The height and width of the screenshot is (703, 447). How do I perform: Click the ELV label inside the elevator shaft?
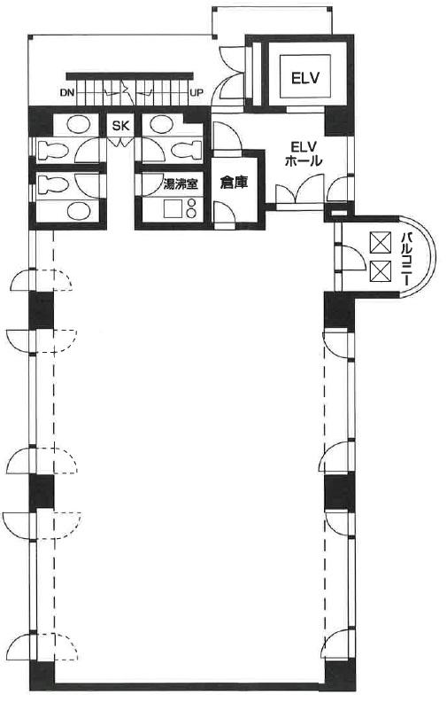coord(305,78)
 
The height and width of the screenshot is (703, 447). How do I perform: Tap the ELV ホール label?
coord(304,153)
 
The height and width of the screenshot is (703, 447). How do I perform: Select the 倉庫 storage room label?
coord(234,182)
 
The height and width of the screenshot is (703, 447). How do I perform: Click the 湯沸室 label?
coord(181,184)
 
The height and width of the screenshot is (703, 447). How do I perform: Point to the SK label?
coord(120,126)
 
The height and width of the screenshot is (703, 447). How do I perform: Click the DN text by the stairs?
coord(66,93)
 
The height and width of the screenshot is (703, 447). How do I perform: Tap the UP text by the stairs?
coord(197,93)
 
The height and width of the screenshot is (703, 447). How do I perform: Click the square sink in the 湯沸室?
coord(173,208)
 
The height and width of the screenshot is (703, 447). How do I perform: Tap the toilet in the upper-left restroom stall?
coord(52,150)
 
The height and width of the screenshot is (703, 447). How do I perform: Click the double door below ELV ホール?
coord(299,191)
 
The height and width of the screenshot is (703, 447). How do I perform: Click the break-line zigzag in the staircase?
coord(127,92)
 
